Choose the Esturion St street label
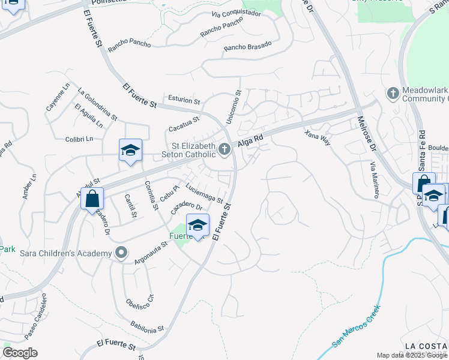click(184, 101)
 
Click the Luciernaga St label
click(204, 193)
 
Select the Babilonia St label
click(147, 327)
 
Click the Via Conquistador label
click(236, 13)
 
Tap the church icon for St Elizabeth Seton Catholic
click(225, 149)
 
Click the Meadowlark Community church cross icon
click(393, 94)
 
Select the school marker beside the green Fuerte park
click(197, 226)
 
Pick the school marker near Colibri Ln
click(130, 151)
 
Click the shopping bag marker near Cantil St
click(92, 199)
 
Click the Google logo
click(20, 353)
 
